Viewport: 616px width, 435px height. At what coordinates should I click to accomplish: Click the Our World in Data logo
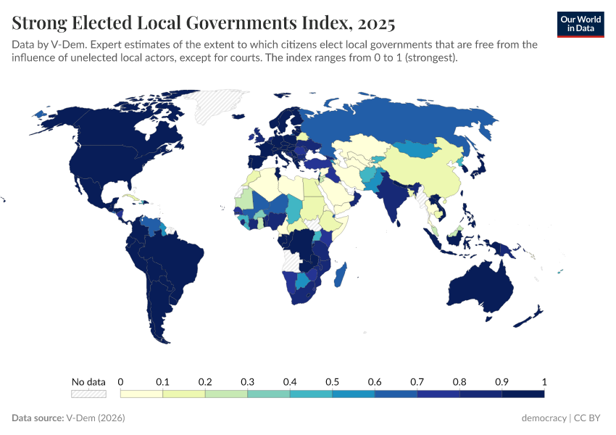coord(580,23)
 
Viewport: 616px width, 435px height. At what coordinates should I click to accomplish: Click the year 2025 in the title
coord(375,24)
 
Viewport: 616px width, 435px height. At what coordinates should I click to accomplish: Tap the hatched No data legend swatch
coord(88,394)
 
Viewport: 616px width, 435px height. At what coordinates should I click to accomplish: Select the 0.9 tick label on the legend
coord(501,381)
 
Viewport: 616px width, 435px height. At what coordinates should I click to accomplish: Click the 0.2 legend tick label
coord(205,381)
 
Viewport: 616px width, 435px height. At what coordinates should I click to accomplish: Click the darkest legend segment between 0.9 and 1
coord(523,394)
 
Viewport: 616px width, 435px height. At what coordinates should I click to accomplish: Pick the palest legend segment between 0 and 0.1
coord(141,394)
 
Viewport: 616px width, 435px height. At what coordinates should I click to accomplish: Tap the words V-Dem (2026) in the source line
coord(94,418)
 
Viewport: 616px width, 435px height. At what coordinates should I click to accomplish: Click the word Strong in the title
coord(41,24)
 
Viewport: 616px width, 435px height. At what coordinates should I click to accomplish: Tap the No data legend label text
coord(88,381)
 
